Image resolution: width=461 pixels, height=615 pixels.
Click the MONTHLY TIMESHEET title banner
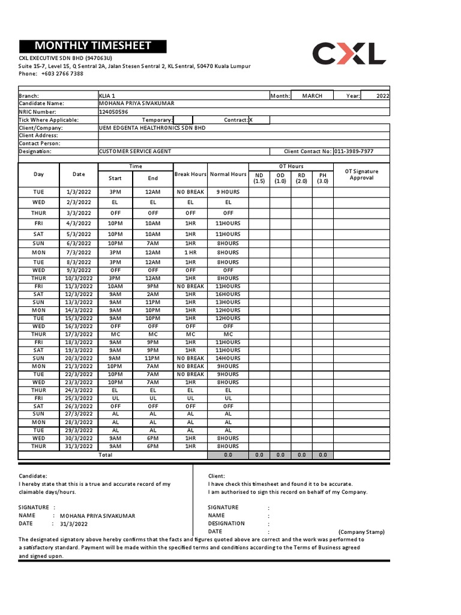coord(93,46)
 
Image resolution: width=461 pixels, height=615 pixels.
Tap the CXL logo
coord(349,53)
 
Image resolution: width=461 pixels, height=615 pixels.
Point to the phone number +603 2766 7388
coord(62,74)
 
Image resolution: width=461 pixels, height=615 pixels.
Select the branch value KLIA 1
coord(107,95)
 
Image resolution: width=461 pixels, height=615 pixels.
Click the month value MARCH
coord(312,95)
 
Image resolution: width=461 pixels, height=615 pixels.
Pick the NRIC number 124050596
coord(113,112)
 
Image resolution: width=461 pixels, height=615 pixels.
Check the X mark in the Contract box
coord(251,120)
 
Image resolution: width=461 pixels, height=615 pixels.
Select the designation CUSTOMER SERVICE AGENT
coord(135,152)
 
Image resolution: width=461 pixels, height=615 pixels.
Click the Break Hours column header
coord(190,174)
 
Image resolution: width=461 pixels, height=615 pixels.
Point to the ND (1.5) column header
coord(259,178)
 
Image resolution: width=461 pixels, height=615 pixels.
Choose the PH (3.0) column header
coord(322,178)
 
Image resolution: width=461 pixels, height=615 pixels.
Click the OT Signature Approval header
coord(361,175)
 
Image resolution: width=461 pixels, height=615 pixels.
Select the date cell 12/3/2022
coord(79,294)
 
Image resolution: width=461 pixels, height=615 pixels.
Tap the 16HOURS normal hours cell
coord(228,294)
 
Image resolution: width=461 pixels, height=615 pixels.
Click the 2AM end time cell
coord(153,294)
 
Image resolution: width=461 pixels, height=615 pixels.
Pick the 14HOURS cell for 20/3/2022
coord(228,358)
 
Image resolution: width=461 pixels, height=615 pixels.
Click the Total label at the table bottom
coord(105,455)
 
